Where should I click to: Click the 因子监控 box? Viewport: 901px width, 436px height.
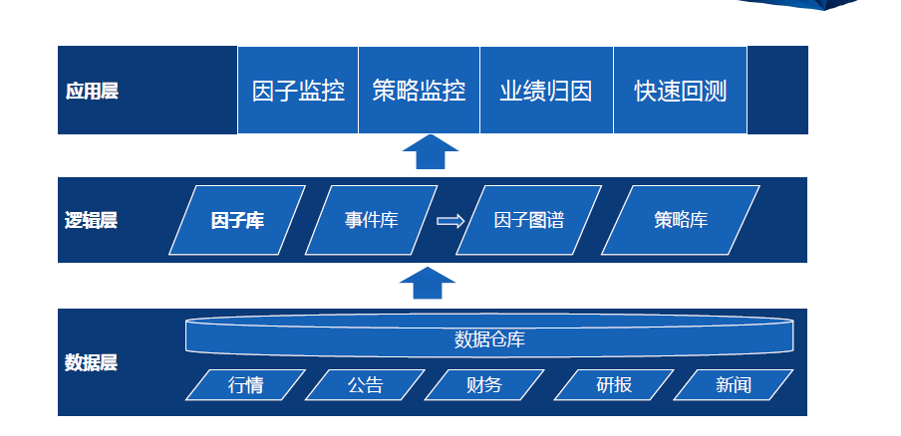298,90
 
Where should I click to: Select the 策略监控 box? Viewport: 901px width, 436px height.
419,90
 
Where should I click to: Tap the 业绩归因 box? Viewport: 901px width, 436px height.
546,90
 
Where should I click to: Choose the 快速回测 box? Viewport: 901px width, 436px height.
681,90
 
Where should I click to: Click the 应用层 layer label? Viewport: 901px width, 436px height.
92,91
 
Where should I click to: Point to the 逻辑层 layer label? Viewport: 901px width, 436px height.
91,220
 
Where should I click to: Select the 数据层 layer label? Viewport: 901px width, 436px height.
91,362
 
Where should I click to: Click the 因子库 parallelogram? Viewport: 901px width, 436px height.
237,220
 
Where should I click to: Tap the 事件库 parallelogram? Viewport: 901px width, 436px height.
371,220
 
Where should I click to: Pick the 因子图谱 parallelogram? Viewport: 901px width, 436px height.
528,220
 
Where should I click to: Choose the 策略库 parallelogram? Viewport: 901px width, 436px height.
681,220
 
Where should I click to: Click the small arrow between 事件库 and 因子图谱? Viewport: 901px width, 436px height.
450,221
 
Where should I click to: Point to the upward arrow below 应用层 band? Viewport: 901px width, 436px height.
431,152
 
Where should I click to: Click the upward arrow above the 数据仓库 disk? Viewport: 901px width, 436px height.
428,283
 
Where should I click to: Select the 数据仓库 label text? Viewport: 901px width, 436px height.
489,339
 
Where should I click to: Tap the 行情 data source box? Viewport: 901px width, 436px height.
245,384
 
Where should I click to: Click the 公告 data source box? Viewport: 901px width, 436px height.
365,384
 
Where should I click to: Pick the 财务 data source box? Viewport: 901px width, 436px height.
484,384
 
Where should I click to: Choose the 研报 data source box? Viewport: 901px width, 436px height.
614,384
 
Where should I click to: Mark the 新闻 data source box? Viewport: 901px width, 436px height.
734,384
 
